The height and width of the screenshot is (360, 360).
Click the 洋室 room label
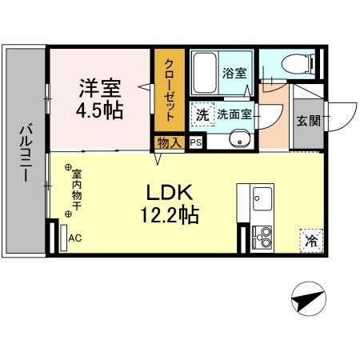click(x=100, y=86)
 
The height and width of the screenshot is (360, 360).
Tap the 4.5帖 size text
click(x=100, y=109)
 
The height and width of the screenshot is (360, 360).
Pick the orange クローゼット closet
click(x=170, y=89)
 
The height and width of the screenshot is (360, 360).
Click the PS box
click(x=195, y=142)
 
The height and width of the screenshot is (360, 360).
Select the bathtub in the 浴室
click(x=206, y=74)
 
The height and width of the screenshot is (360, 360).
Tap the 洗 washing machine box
click(x=203, y=114)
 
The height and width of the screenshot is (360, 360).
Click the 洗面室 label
click(x=235, y=114)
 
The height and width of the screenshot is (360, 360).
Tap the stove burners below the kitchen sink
click(x=261, y=237)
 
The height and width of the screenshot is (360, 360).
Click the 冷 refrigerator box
click(x=311, y=238)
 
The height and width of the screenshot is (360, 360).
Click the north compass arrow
click(x=307, y=301)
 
